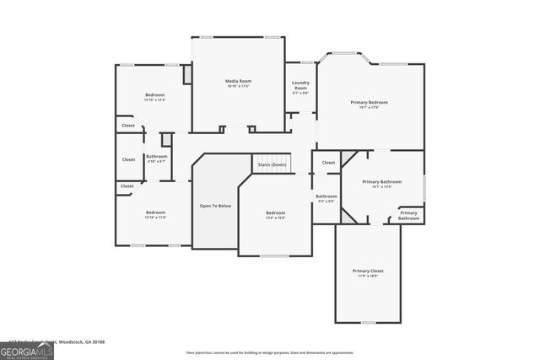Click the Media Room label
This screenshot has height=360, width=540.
(238, 81)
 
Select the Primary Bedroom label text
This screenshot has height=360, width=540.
(369, 102)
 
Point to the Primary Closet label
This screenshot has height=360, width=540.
(368, 271)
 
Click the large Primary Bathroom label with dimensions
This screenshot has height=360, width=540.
(381, 182)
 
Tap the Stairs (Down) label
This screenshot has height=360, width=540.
(273, 164)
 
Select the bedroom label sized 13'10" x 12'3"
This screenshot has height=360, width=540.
(154, 95)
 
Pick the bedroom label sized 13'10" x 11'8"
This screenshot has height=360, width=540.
(155, 212)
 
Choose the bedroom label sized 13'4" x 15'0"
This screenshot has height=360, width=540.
(275, 213)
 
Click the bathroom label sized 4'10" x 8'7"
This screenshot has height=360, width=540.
(156, 157)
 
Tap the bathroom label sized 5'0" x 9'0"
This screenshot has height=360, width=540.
(326, 197)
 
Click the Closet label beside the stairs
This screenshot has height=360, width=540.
(328, 162)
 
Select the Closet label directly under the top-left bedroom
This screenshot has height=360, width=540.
(128, 126)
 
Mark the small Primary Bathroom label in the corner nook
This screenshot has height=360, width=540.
(408, 215)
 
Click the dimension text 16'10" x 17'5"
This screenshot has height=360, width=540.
(238, 86)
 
